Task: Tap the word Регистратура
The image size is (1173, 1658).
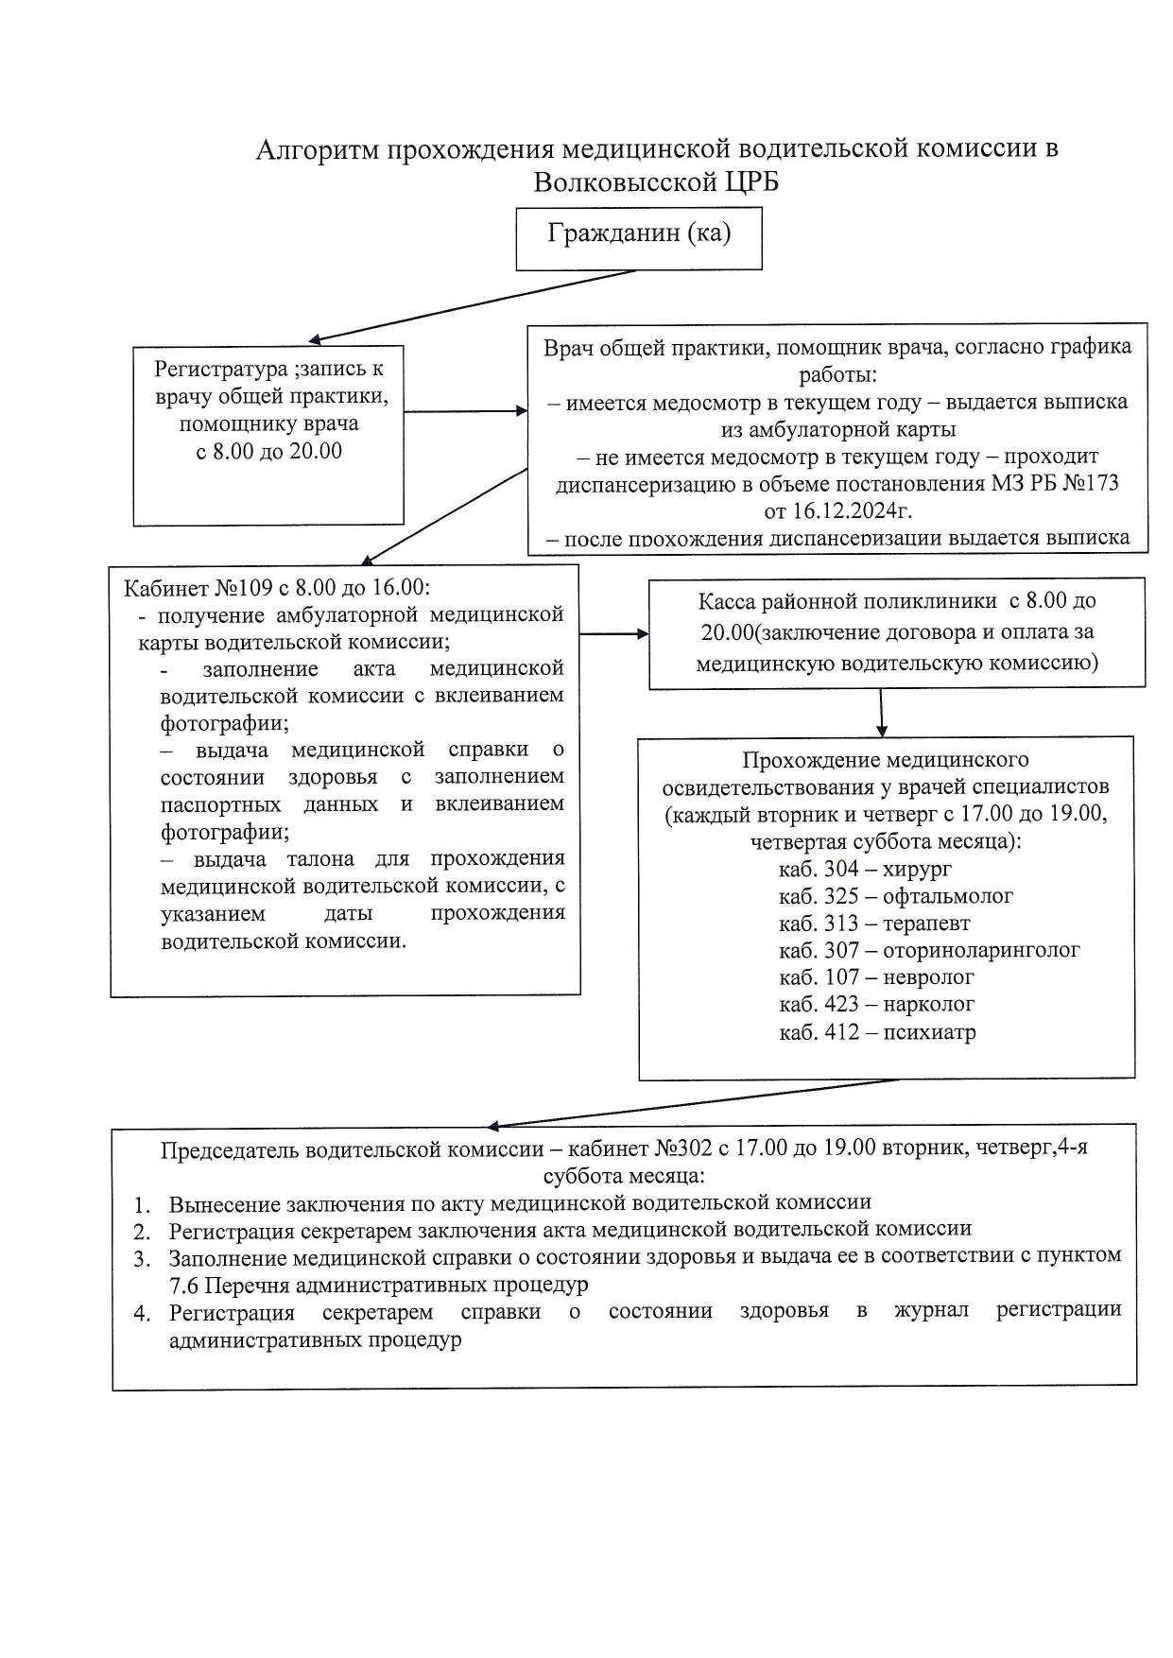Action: [x=220, y=369]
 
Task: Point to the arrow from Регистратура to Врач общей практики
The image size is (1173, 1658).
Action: [x=465, y=411]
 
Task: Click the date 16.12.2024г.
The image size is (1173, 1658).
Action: [x=837, y=511]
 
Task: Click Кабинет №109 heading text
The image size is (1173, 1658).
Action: [x=276, y=587]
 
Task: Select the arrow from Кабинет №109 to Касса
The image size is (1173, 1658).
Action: [x=614, y=633]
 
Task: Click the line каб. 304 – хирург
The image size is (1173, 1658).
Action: [x=865, y=869]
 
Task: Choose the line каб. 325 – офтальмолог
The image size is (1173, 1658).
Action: [x=895, y=896]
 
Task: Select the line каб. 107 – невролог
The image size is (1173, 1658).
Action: [x=875, y=977]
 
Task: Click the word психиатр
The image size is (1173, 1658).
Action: [x=929, y=1031]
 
